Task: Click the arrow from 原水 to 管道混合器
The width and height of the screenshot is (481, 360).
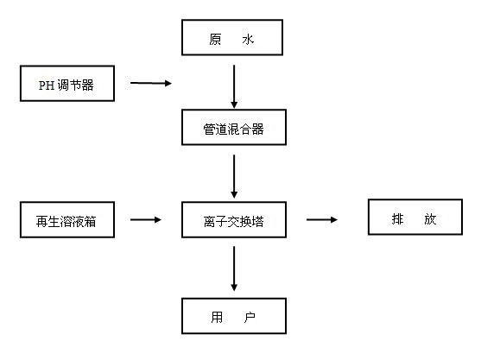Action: point(234,86)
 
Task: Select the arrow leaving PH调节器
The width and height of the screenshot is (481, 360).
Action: point(151,83)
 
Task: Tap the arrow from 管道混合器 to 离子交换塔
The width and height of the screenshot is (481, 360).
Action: point(234,176)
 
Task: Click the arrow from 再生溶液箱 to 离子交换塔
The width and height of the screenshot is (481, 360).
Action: point(146,219)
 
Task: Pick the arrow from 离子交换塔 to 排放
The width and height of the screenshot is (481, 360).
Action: point(322,219)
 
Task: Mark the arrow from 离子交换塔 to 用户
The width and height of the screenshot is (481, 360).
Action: point(234,268)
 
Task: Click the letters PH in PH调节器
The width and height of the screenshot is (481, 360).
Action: point(47,85)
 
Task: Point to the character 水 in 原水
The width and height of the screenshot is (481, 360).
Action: point(248,39)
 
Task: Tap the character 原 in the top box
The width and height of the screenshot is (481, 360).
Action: point(215,39)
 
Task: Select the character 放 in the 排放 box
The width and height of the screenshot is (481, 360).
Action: point(430,219)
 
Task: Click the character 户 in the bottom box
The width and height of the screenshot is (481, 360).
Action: point(250,317)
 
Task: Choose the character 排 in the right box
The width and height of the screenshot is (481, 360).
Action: point(397,219)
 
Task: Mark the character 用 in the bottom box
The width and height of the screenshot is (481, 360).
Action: point(217,317)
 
